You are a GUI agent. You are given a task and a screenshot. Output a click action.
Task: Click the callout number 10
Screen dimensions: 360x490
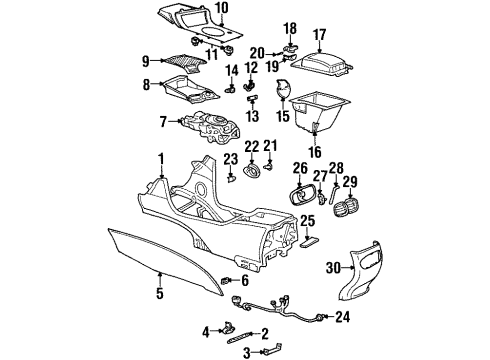tap(221, 9)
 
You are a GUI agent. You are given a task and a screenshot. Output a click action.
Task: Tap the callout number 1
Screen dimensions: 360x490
tap(160, 158)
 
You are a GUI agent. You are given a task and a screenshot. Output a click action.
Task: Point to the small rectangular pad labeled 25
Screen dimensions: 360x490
tap(309, 241)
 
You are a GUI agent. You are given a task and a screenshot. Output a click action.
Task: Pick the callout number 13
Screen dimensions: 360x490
tap(251, 114)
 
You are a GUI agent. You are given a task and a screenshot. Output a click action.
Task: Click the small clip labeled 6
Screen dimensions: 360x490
tap(228, 279)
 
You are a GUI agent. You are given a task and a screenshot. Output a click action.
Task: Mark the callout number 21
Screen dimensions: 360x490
tap(269, 146)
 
